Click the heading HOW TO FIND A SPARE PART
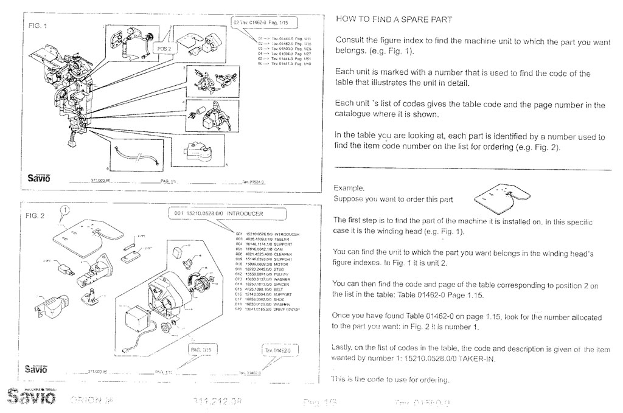coord(394,19)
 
